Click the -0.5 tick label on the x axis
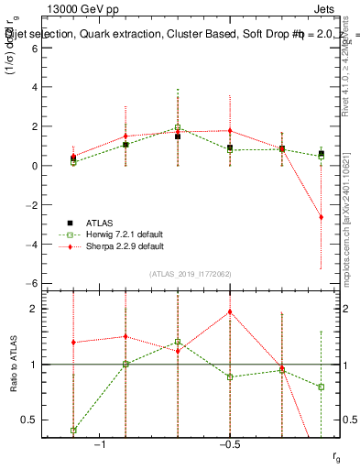(229, 444)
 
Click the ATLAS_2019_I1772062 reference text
(190, 275)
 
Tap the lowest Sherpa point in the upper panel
(321, 217)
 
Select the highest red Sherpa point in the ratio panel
(230, 311)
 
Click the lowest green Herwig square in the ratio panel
(73, 430)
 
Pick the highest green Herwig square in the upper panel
(178, 127)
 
